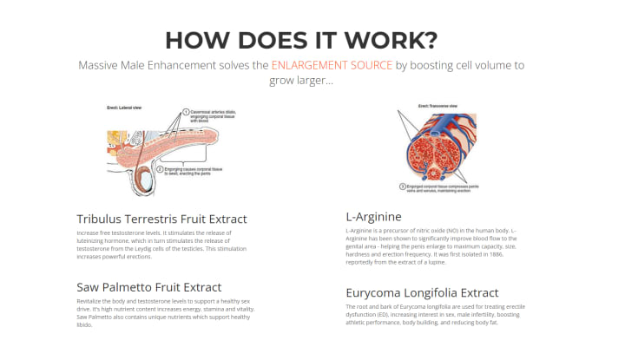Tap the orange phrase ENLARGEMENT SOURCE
(332, 65)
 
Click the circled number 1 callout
(186, 112)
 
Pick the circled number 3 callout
(401, 186)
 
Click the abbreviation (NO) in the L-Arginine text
(453, 230)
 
